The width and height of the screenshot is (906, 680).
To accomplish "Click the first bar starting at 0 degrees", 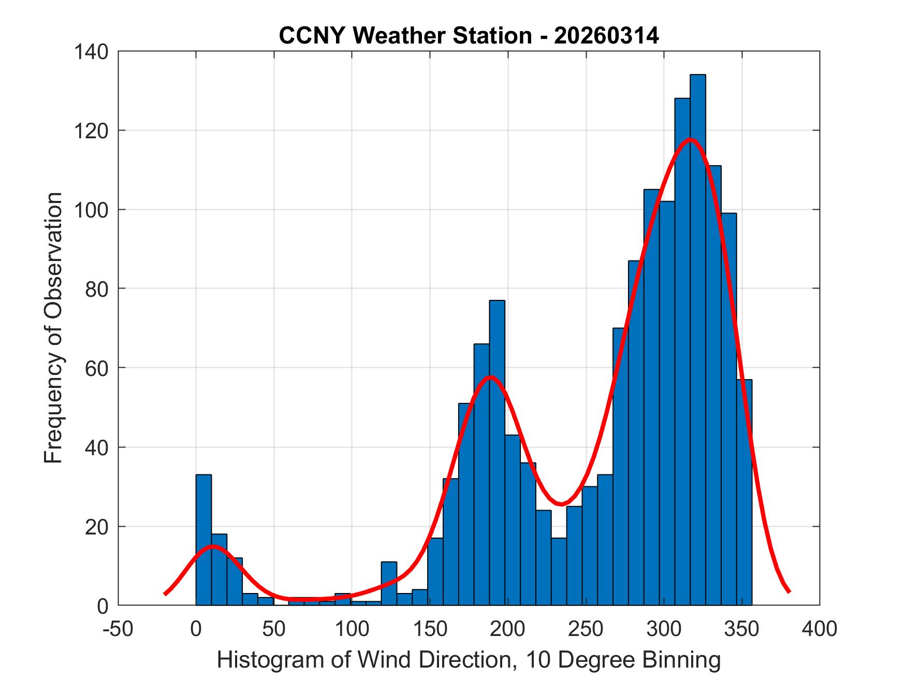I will (x=203, y=539).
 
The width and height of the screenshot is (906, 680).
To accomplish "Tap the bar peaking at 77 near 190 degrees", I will (x=497, y=451).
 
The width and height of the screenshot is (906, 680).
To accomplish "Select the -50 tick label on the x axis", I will (x=119, y=629).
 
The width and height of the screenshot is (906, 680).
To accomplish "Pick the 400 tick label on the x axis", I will (x=820, y=629).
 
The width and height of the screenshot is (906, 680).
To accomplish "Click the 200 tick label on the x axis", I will (x=508, y=629).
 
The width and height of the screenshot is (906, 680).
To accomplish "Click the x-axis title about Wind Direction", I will (x=469, y=660).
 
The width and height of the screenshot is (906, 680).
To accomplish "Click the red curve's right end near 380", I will (x=788, y=591).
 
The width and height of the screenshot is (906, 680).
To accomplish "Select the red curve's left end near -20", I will (x=165, y=594).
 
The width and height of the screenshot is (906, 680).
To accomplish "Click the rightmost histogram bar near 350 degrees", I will (x=744, y=492).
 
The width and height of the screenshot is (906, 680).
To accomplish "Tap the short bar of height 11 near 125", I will (x=389, y=584).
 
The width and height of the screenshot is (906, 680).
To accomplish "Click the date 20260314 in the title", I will (x=606, y=36).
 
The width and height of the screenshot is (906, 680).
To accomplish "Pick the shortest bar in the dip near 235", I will (x=559, y=571).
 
